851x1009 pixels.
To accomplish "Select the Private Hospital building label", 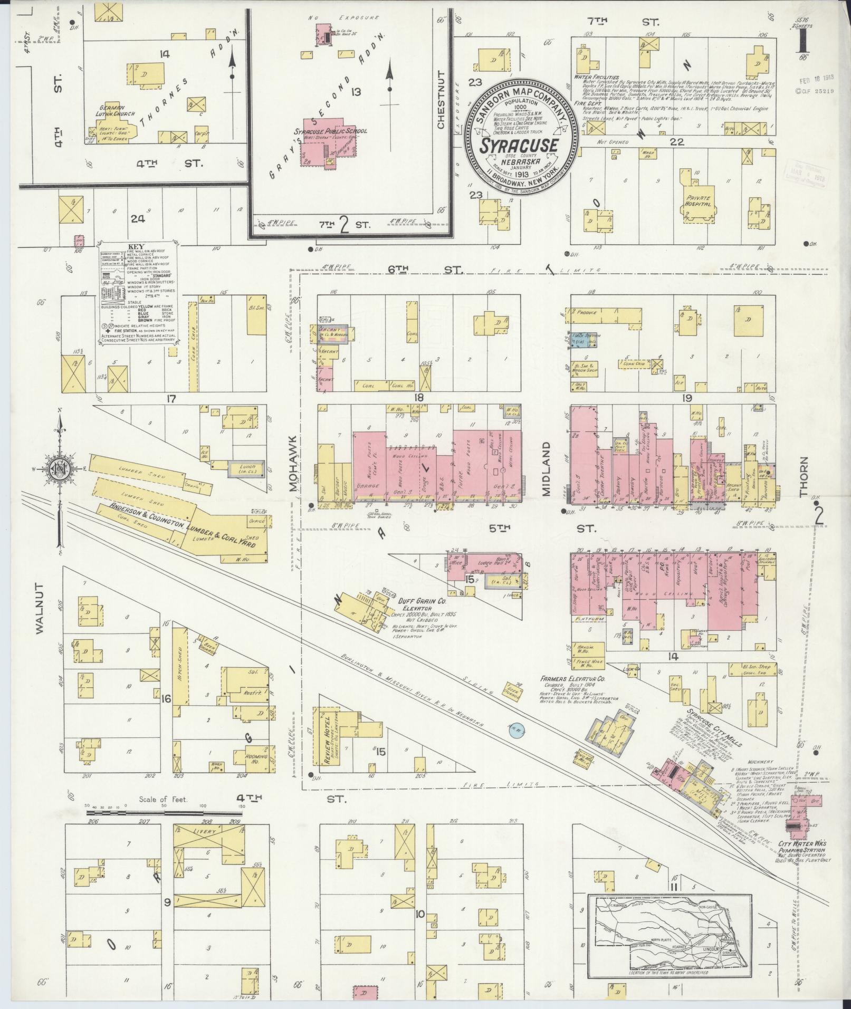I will coord(697,201).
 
